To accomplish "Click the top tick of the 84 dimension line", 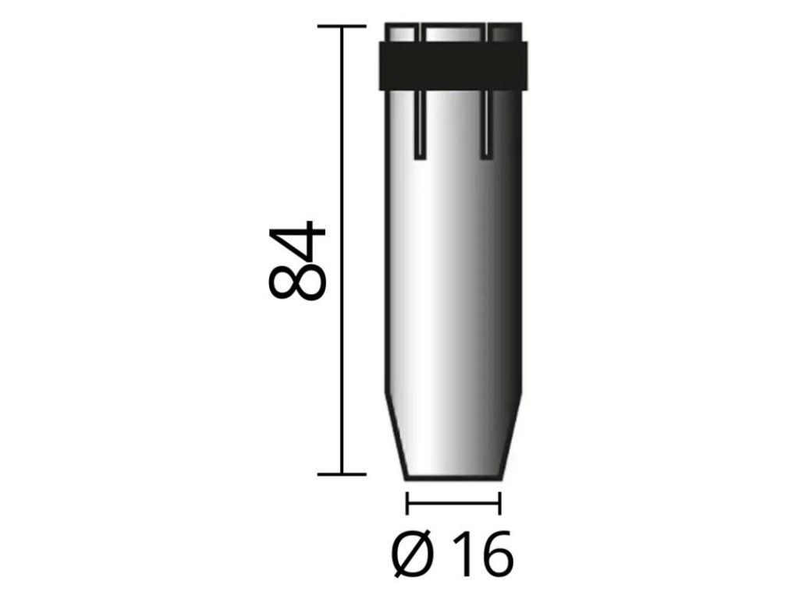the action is (342, 26).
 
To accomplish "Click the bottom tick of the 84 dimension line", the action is (342, 474).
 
